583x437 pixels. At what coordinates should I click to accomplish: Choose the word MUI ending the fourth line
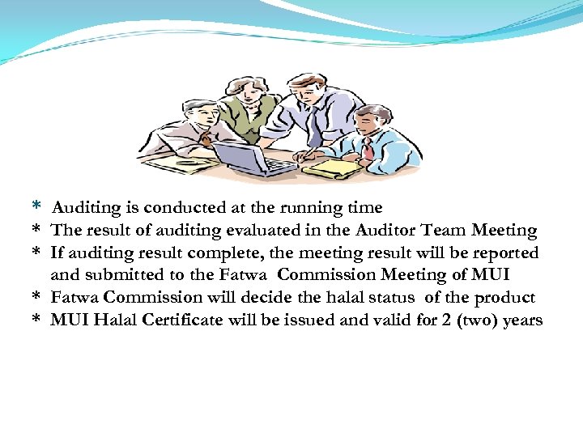click(490, 275)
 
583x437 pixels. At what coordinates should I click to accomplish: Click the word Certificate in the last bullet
click(182, 320)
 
